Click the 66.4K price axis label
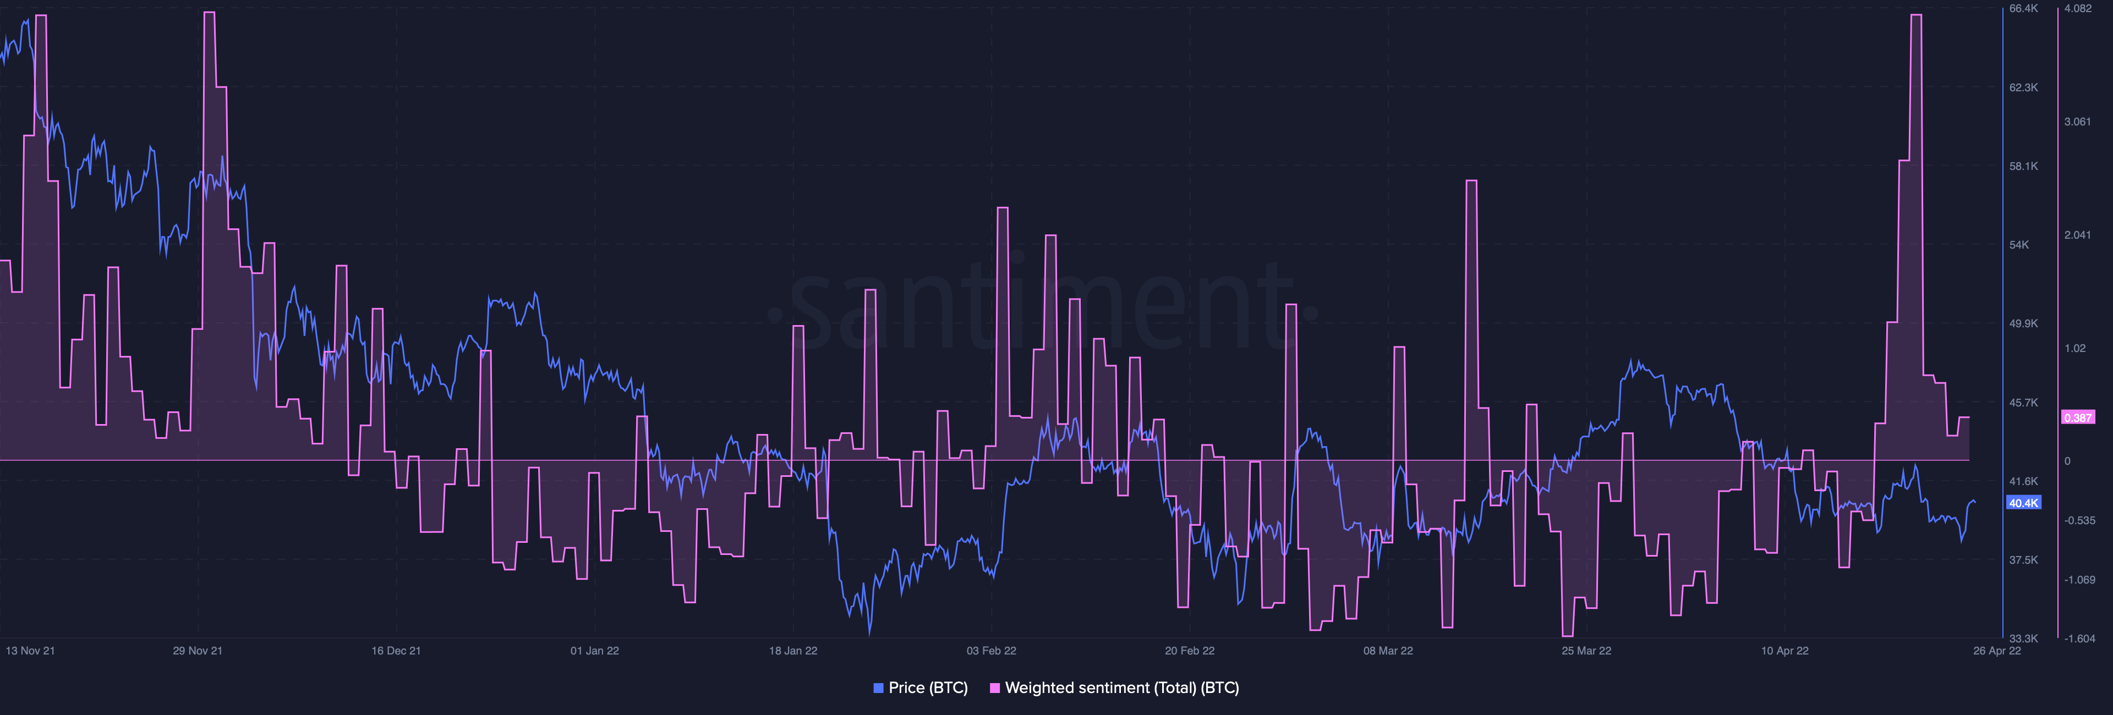(2024, 8)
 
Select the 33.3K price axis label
(2024, 638)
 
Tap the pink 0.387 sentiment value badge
(2078, 418)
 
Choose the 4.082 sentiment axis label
(2078, 8)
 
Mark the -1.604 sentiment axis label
(2079, 638)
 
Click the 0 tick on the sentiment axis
(2067, 461)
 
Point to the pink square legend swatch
(995, 688)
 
